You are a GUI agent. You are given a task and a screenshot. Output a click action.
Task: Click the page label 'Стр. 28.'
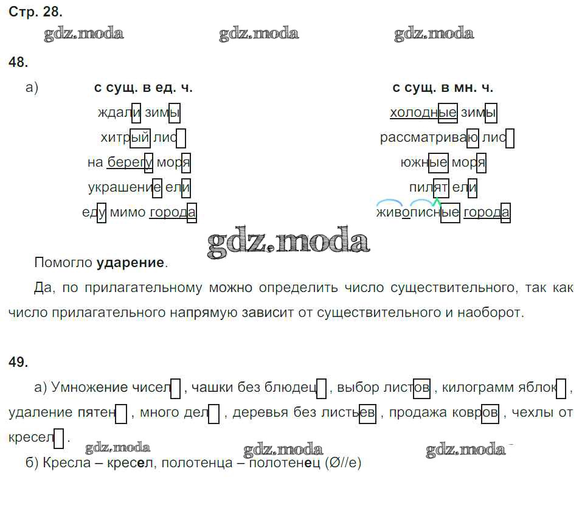(x=35, y=12)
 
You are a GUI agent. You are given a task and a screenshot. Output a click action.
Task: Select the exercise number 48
(x=18, y=62)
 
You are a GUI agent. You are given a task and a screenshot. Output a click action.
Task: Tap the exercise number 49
(x=18, y=361)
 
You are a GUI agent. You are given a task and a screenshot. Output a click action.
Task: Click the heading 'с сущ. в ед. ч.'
(x=144, y=88)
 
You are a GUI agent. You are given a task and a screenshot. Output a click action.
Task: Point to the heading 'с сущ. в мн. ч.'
(x=443, y=88)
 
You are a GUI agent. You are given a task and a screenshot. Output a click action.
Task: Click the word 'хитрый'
(x=125, y=138)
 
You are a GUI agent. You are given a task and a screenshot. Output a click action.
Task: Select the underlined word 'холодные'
(x=423, y=113)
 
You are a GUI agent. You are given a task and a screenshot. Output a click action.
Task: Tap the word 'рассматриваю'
(x=429, y=138)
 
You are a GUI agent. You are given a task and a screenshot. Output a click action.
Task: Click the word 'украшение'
(x=125, y=187)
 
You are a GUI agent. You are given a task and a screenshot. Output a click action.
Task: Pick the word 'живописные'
(x=418, y=212)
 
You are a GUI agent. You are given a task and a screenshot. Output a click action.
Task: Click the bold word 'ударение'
(x=130, y=263)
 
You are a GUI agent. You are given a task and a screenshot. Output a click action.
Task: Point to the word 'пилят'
(x=429, y=187)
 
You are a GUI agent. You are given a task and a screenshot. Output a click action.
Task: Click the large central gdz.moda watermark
(x=288, y=242)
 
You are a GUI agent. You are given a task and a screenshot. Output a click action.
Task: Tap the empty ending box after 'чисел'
(x=176, y=388)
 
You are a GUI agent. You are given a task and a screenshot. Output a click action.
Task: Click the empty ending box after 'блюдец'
(x=322, y=388)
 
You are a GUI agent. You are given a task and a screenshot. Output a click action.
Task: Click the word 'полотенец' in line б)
(x=285, y=463)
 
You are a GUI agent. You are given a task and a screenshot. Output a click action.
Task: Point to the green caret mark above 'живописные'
(x=437, y=202)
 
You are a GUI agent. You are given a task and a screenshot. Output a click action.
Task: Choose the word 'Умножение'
(x=89, y=388)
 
